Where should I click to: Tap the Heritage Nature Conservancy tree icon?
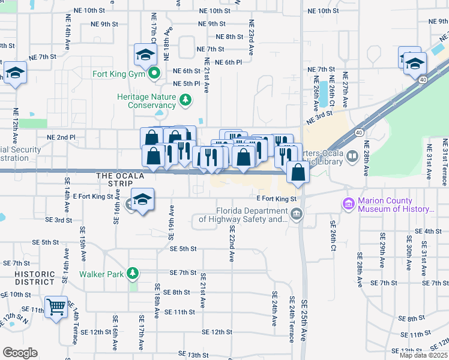pyautogui.click(x=186, y=99)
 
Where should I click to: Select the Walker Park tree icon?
pyautogui.click(x=132, y=274)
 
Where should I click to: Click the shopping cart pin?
pyautogui.click(x=56, y=307)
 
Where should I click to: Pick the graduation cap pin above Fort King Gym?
pyautogui.click(x=145, y=56)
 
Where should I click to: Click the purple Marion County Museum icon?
pyautogui.click(x=348, y=205)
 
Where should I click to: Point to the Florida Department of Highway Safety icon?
pyautogui.click(x=296, y=214)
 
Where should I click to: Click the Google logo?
pyautogui.click(x=19, y=353)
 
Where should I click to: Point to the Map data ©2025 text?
pyautogui.click(x=423, y=355)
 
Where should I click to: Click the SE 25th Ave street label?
pyautogui.click(x=304, y=322)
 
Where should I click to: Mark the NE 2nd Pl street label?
pyautogui.click(x=65, y=137)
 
